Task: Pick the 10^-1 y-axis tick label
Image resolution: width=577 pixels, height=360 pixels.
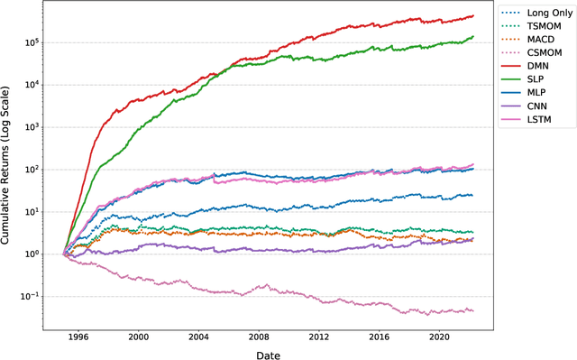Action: point(36,297)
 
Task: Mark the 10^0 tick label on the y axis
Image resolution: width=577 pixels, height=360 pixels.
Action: point(38,254)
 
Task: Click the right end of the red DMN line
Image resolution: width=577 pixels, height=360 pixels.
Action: point(473,15)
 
